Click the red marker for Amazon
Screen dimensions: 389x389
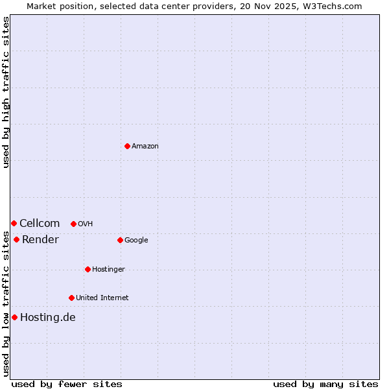tap(127, 146)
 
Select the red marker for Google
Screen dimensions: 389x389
tap(120, 240)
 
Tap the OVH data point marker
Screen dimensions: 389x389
tap(73, 224)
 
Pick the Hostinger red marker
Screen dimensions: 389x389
tap(88, 269)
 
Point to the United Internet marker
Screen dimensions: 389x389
tap(71, 298)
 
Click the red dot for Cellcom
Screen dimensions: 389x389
tap(14, 223)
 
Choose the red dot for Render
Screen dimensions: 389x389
tap(16, 239)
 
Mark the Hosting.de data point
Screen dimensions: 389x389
tap(14, 317)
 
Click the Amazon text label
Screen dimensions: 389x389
tap(145, 147)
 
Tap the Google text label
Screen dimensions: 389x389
tap(136, 241)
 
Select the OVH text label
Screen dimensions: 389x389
tap(85, 224)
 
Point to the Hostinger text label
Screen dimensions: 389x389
tap(108, 270)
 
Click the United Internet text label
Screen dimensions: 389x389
tap(102, 298)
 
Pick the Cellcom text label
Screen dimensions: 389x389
tap(40, 224)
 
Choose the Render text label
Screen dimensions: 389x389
tap(40, 240)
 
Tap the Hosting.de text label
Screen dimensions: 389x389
tap(47, 318)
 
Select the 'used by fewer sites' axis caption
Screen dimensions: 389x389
tap(67, 384)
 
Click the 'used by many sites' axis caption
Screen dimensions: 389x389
tap(325, 384)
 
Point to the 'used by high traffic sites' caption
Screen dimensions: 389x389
tap(6, 92)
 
